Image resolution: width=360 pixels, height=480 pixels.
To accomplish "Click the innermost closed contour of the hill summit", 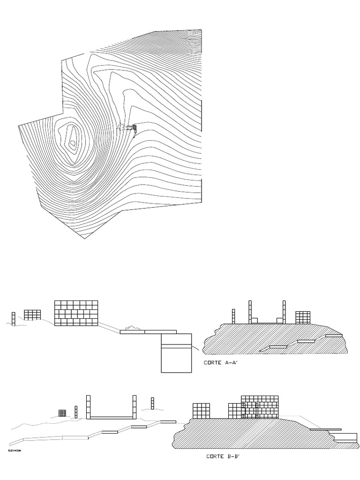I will coord(72,142).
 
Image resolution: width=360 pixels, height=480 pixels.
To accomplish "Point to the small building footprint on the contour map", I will coord(134,127).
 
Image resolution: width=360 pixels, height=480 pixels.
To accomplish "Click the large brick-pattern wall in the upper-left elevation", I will coord(76,313).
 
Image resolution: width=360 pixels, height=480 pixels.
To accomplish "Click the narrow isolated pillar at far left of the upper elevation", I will coord(14,318).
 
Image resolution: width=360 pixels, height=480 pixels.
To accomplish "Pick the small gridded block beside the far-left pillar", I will coord(32,315).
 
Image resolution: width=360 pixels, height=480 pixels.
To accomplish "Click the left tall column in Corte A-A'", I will coord(250,312).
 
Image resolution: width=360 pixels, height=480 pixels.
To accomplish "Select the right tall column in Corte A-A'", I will coord(284,312).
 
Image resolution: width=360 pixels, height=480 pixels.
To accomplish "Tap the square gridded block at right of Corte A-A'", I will coord(303,317).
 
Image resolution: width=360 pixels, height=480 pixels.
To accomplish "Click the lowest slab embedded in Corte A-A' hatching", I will coord(277,347).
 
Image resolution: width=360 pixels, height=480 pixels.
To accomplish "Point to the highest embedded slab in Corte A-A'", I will coord(334,336).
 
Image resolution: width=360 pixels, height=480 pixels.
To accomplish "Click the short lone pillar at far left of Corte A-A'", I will coord(233,316).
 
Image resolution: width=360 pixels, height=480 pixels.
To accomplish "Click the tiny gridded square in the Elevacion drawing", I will coord(62,413).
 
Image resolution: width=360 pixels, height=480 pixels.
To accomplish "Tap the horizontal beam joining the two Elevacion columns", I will coord(111,417).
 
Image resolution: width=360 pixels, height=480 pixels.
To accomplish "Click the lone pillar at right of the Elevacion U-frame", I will coord(152,403).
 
